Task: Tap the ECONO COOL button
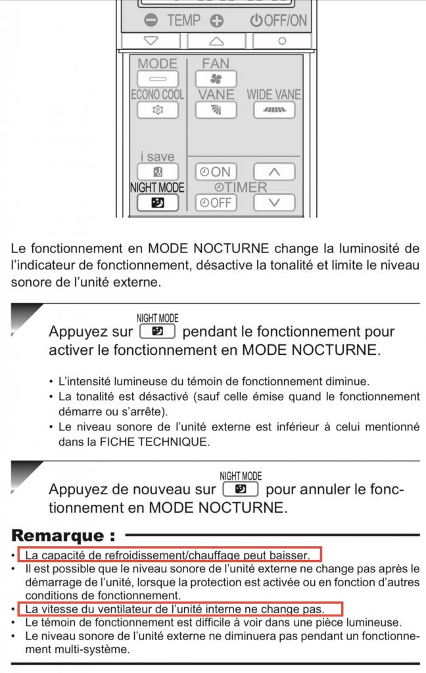(157, 110)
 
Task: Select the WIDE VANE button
(273, 110)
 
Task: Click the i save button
(157, 172)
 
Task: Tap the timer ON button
(216, 172)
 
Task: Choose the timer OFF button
(216, 202)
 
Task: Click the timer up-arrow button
(273, 172)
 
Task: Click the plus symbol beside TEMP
(216, 20)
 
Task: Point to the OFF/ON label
(279, 20)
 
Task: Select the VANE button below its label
(216, 110)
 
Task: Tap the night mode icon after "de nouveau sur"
(241, 489)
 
